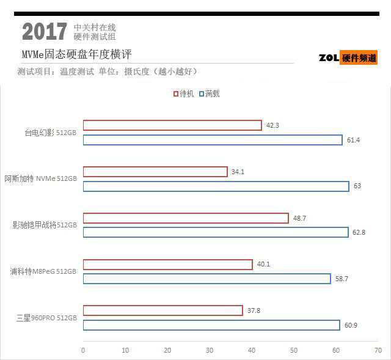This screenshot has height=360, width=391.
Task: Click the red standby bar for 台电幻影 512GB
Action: (172, 125)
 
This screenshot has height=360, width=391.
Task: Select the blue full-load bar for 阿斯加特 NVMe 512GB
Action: (216, 186)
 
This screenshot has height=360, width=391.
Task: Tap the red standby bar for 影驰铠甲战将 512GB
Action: (186, 218)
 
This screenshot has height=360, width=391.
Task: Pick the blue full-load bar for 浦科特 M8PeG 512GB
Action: (206, 279)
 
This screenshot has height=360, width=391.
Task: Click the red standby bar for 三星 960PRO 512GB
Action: (163, 310)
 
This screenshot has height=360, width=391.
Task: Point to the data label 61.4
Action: (353, 141)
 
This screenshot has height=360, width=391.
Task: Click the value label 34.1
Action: (238, 172)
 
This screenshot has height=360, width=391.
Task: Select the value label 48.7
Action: (299, 218)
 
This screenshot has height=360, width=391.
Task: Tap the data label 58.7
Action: (341, 279)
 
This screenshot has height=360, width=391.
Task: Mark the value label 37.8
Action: (253, 310)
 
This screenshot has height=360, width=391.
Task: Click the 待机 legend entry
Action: (183, 94)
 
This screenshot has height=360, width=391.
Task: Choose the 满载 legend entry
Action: (209, 94)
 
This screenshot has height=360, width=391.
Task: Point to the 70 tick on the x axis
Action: (378, 350)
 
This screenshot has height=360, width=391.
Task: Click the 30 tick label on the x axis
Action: (210, 350)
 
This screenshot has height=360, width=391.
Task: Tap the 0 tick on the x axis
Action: (83, 350)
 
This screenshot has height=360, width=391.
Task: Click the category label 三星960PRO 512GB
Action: (47, 318)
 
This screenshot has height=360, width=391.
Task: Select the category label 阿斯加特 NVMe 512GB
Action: (41, 178)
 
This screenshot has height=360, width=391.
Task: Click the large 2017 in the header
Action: (44, 32)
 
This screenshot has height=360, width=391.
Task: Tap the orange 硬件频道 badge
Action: (359, 58)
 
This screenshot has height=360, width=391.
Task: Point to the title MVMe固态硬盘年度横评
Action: (76, 54)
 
